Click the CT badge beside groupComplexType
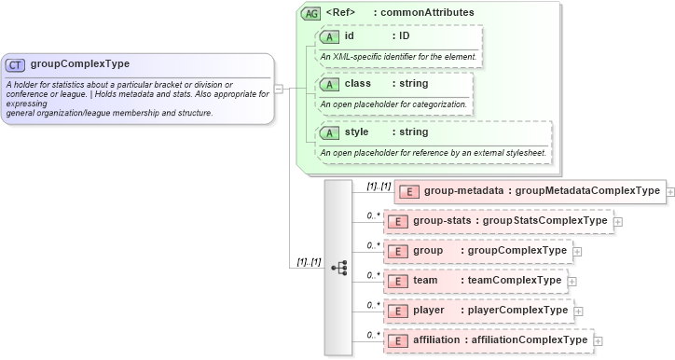[16, 65]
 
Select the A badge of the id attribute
[330, 36]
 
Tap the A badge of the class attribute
[330, 84]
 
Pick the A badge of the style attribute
[330, 132]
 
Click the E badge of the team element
[398, 281]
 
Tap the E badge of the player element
[398, 311]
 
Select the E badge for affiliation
[398, 340]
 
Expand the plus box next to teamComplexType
[572, 281]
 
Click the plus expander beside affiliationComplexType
[599, 340]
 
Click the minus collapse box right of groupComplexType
[278, 90]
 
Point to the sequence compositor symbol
[338, 267]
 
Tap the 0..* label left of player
[373, 305]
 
